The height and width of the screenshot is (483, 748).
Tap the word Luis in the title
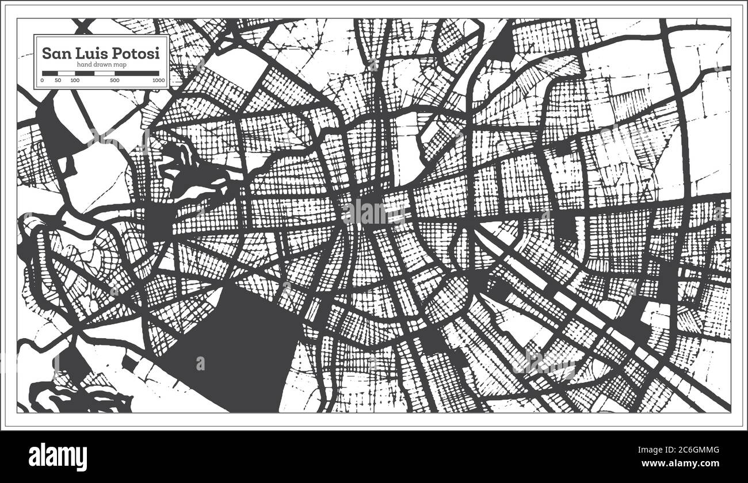90,53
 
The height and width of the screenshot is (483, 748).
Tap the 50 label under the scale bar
58,80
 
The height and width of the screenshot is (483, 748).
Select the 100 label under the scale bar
75,80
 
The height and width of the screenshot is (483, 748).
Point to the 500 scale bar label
115,80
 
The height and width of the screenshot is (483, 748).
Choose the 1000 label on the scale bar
158,80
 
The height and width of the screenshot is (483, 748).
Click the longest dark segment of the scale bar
137,73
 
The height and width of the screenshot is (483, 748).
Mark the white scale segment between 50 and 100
66,73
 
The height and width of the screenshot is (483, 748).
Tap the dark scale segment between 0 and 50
50,73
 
